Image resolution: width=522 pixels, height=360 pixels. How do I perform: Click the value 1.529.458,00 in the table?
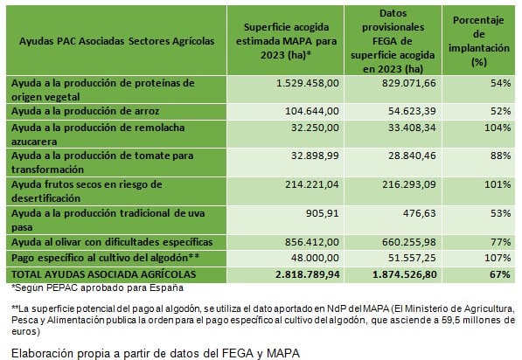307,83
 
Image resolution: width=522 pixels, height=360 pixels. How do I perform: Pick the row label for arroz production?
85,111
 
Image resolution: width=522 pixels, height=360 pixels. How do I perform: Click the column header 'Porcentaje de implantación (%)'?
479,41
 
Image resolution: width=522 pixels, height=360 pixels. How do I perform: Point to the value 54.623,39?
412,111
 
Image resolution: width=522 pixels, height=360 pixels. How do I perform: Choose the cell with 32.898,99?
315,156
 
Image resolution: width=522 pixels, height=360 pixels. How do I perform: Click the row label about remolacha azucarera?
98,135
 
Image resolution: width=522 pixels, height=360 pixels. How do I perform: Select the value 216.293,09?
409,184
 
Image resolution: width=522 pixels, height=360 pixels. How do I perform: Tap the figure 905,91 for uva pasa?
323,213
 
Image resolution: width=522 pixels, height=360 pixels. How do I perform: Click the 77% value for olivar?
500,242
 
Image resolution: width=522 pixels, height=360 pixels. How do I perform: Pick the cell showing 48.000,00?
315,258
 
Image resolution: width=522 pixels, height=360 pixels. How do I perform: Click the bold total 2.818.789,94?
308,274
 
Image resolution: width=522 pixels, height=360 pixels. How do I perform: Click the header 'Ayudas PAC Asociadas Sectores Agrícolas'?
116,41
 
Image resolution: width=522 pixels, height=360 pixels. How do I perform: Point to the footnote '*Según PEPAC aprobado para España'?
97,287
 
